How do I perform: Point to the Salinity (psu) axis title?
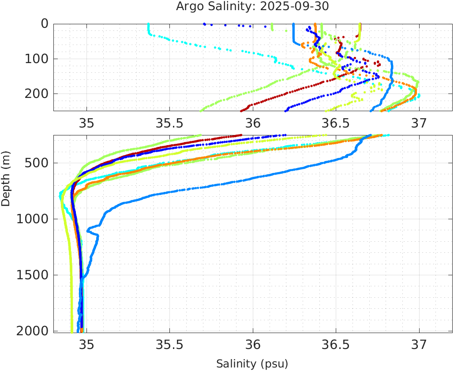click(252, 364)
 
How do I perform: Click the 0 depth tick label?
click(45, 24)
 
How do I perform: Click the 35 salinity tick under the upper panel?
click(86, 123)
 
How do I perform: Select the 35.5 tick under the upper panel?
click(169, 123)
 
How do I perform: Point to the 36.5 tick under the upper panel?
click(336, 123)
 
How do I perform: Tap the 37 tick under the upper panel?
click(419, 123)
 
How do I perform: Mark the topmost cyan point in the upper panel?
click(148, 24)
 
